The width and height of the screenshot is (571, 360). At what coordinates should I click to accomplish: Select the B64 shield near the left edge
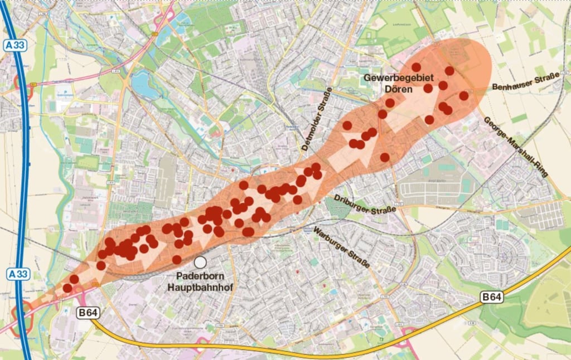[88, 313]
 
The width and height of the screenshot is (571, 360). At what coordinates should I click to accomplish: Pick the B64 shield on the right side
[492, 298]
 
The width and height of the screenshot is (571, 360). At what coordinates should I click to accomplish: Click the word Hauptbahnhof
[200, 288]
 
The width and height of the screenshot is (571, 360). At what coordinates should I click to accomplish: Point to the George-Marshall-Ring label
[516, 147]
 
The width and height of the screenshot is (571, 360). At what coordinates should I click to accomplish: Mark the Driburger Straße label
[365, 203]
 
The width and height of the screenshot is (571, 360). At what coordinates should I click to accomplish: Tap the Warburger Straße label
[342, 247]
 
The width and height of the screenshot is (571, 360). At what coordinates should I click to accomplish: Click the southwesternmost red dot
[67, 288]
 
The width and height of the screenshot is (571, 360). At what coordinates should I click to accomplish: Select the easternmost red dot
[463, 96]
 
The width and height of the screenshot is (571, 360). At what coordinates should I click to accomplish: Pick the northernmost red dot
[416, 67]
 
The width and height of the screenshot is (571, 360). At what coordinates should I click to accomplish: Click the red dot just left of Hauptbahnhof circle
[177, 259]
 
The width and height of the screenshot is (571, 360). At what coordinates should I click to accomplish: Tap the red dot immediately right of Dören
[428, 88]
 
